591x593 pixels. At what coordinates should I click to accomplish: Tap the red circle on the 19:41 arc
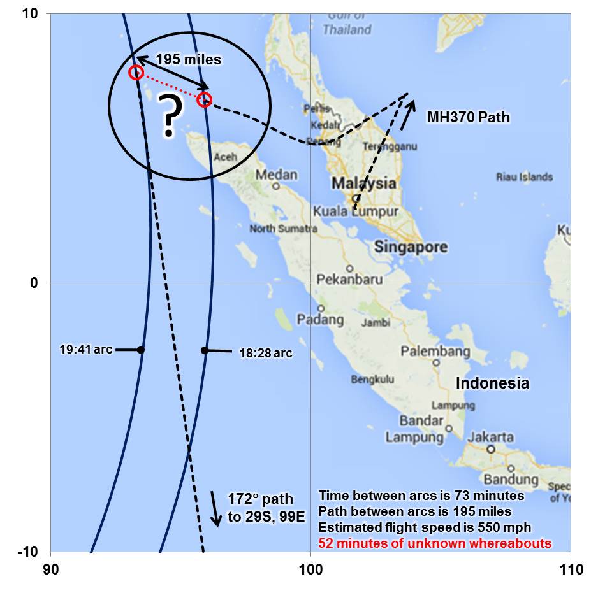[x=135, y=72]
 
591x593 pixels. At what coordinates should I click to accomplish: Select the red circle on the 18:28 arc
[x=204, y=99]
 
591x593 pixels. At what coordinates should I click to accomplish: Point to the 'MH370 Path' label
[x=469, y=118]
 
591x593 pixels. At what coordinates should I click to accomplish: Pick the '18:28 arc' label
[x=266, y=352]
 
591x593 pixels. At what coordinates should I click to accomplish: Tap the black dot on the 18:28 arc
[x=205, y=350]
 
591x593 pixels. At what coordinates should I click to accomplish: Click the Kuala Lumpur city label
[x=356, y=211]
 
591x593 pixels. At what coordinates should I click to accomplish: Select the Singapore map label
[x=411, y=246]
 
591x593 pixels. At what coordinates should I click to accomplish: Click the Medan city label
[x=277, y=175]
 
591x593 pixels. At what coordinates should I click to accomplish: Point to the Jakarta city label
[x=491, y=438]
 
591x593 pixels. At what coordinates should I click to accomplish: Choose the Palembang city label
[x=435, y=352]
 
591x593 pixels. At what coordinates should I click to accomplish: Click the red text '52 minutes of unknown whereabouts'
[x=435, y=543]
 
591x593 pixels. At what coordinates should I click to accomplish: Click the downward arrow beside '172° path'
[x=216, y=509]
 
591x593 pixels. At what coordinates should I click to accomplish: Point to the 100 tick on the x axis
[x=310, y=569]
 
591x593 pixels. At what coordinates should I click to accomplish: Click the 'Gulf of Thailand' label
[x=347, y=23]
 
